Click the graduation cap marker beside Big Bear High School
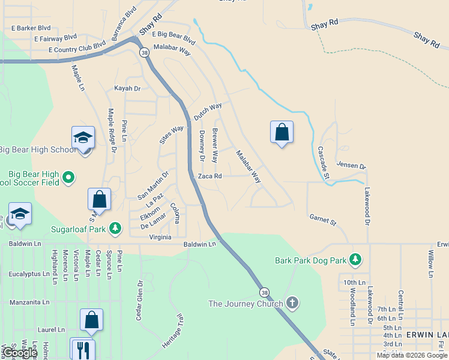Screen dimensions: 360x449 coord(83,137)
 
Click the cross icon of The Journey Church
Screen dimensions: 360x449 coord(292,302)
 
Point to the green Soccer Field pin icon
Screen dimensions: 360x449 coord(68,176)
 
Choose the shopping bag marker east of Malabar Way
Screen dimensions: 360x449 coord(282,133)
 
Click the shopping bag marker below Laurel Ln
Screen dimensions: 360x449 coord(91,320)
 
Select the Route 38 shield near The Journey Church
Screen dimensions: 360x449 coord(264,292)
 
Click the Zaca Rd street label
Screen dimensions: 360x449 coord(210,176)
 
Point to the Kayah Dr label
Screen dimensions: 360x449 coord(127,88)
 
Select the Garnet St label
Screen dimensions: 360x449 coord(323,220)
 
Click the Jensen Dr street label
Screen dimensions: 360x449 coord(351,165)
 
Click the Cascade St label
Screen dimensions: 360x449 coord(324,163)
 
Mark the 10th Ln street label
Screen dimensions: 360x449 coord(355,282)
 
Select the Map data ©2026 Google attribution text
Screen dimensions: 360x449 coord(411,355)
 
